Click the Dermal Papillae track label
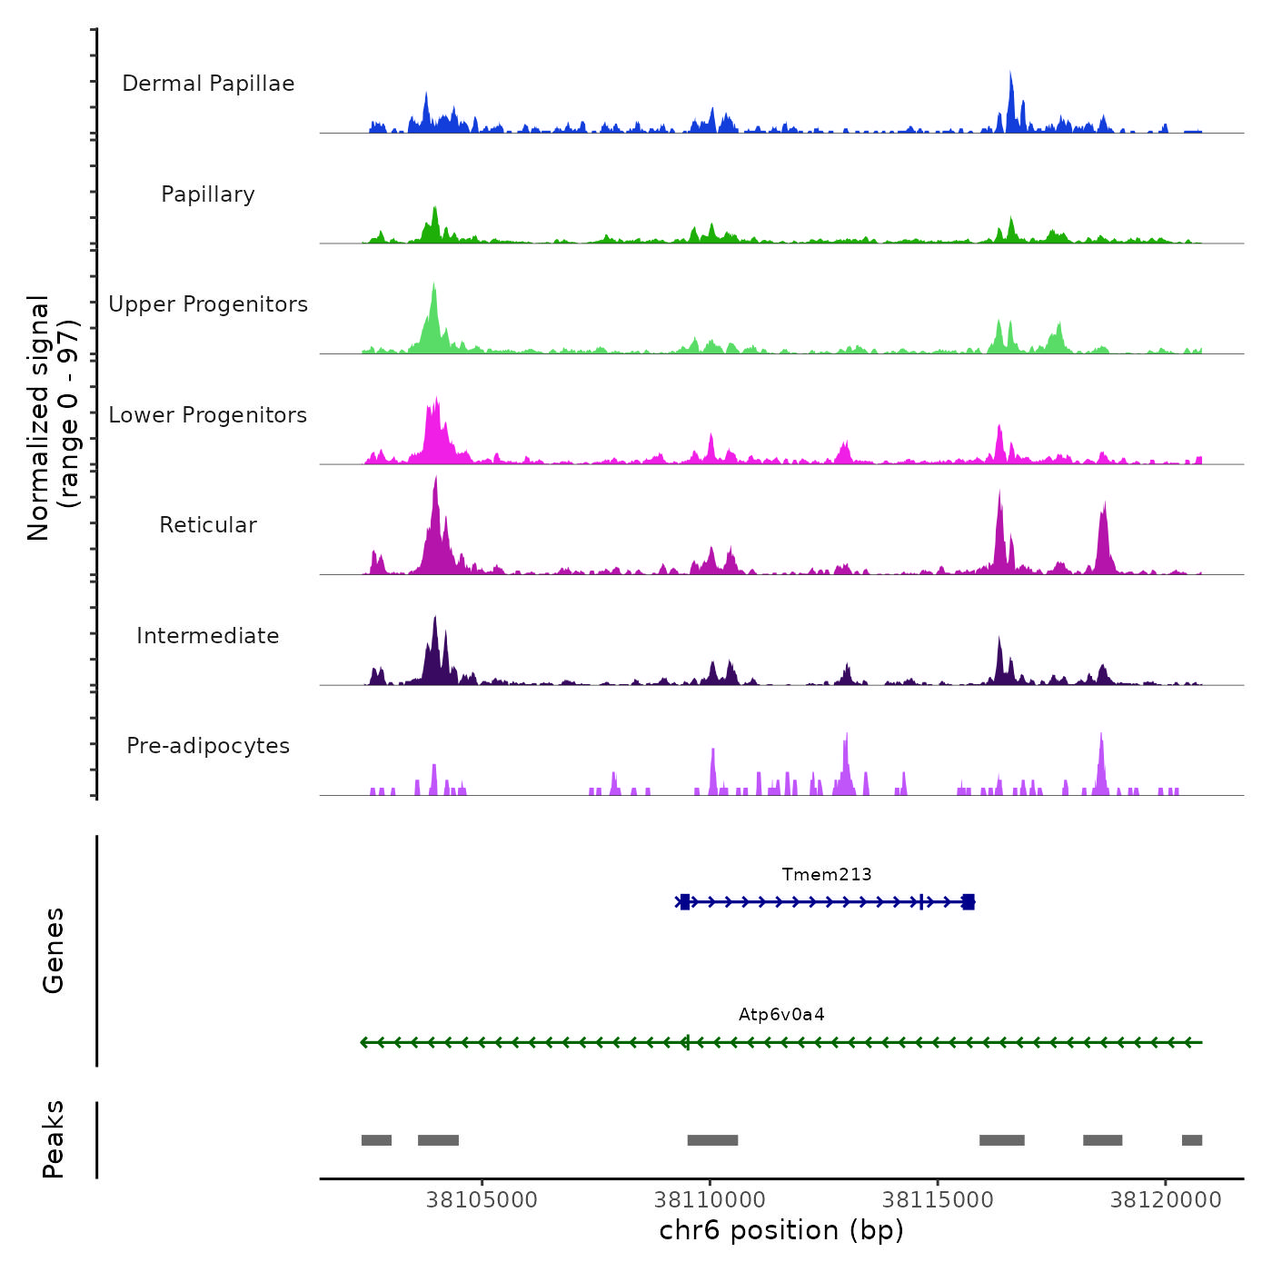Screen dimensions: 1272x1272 coord(208,84)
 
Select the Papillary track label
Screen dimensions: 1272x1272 coord(208,194)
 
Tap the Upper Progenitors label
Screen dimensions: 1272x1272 coord(208,304)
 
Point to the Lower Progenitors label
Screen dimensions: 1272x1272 coord(208,415)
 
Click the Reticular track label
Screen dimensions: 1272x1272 coord(208,525)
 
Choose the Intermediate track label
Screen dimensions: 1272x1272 coord(208,636)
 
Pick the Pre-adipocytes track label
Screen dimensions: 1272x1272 coord(208,746)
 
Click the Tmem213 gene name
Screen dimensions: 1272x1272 coord(827,875)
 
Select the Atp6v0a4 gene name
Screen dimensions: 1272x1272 coord(781,1015)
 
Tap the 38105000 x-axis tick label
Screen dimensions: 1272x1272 coord(482,1200)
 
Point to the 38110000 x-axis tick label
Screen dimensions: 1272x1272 coord(710,1200)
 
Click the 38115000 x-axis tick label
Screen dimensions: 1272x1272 coord(938,1200)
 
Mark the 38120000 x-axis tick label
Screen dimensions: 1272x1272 coord(1166,1200)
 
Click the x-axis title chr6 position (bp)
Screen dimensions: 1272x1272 coord(781,1231)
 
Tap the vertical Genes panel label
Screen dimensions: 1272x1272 coord(54,950)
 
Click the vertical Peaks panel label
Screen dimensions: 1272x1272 coord(54,1139)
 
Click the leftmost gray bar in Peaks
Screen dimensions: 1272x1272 coord(376,1140)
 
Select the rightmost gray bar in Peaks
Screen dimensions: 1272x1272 coord(1192,1140)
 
